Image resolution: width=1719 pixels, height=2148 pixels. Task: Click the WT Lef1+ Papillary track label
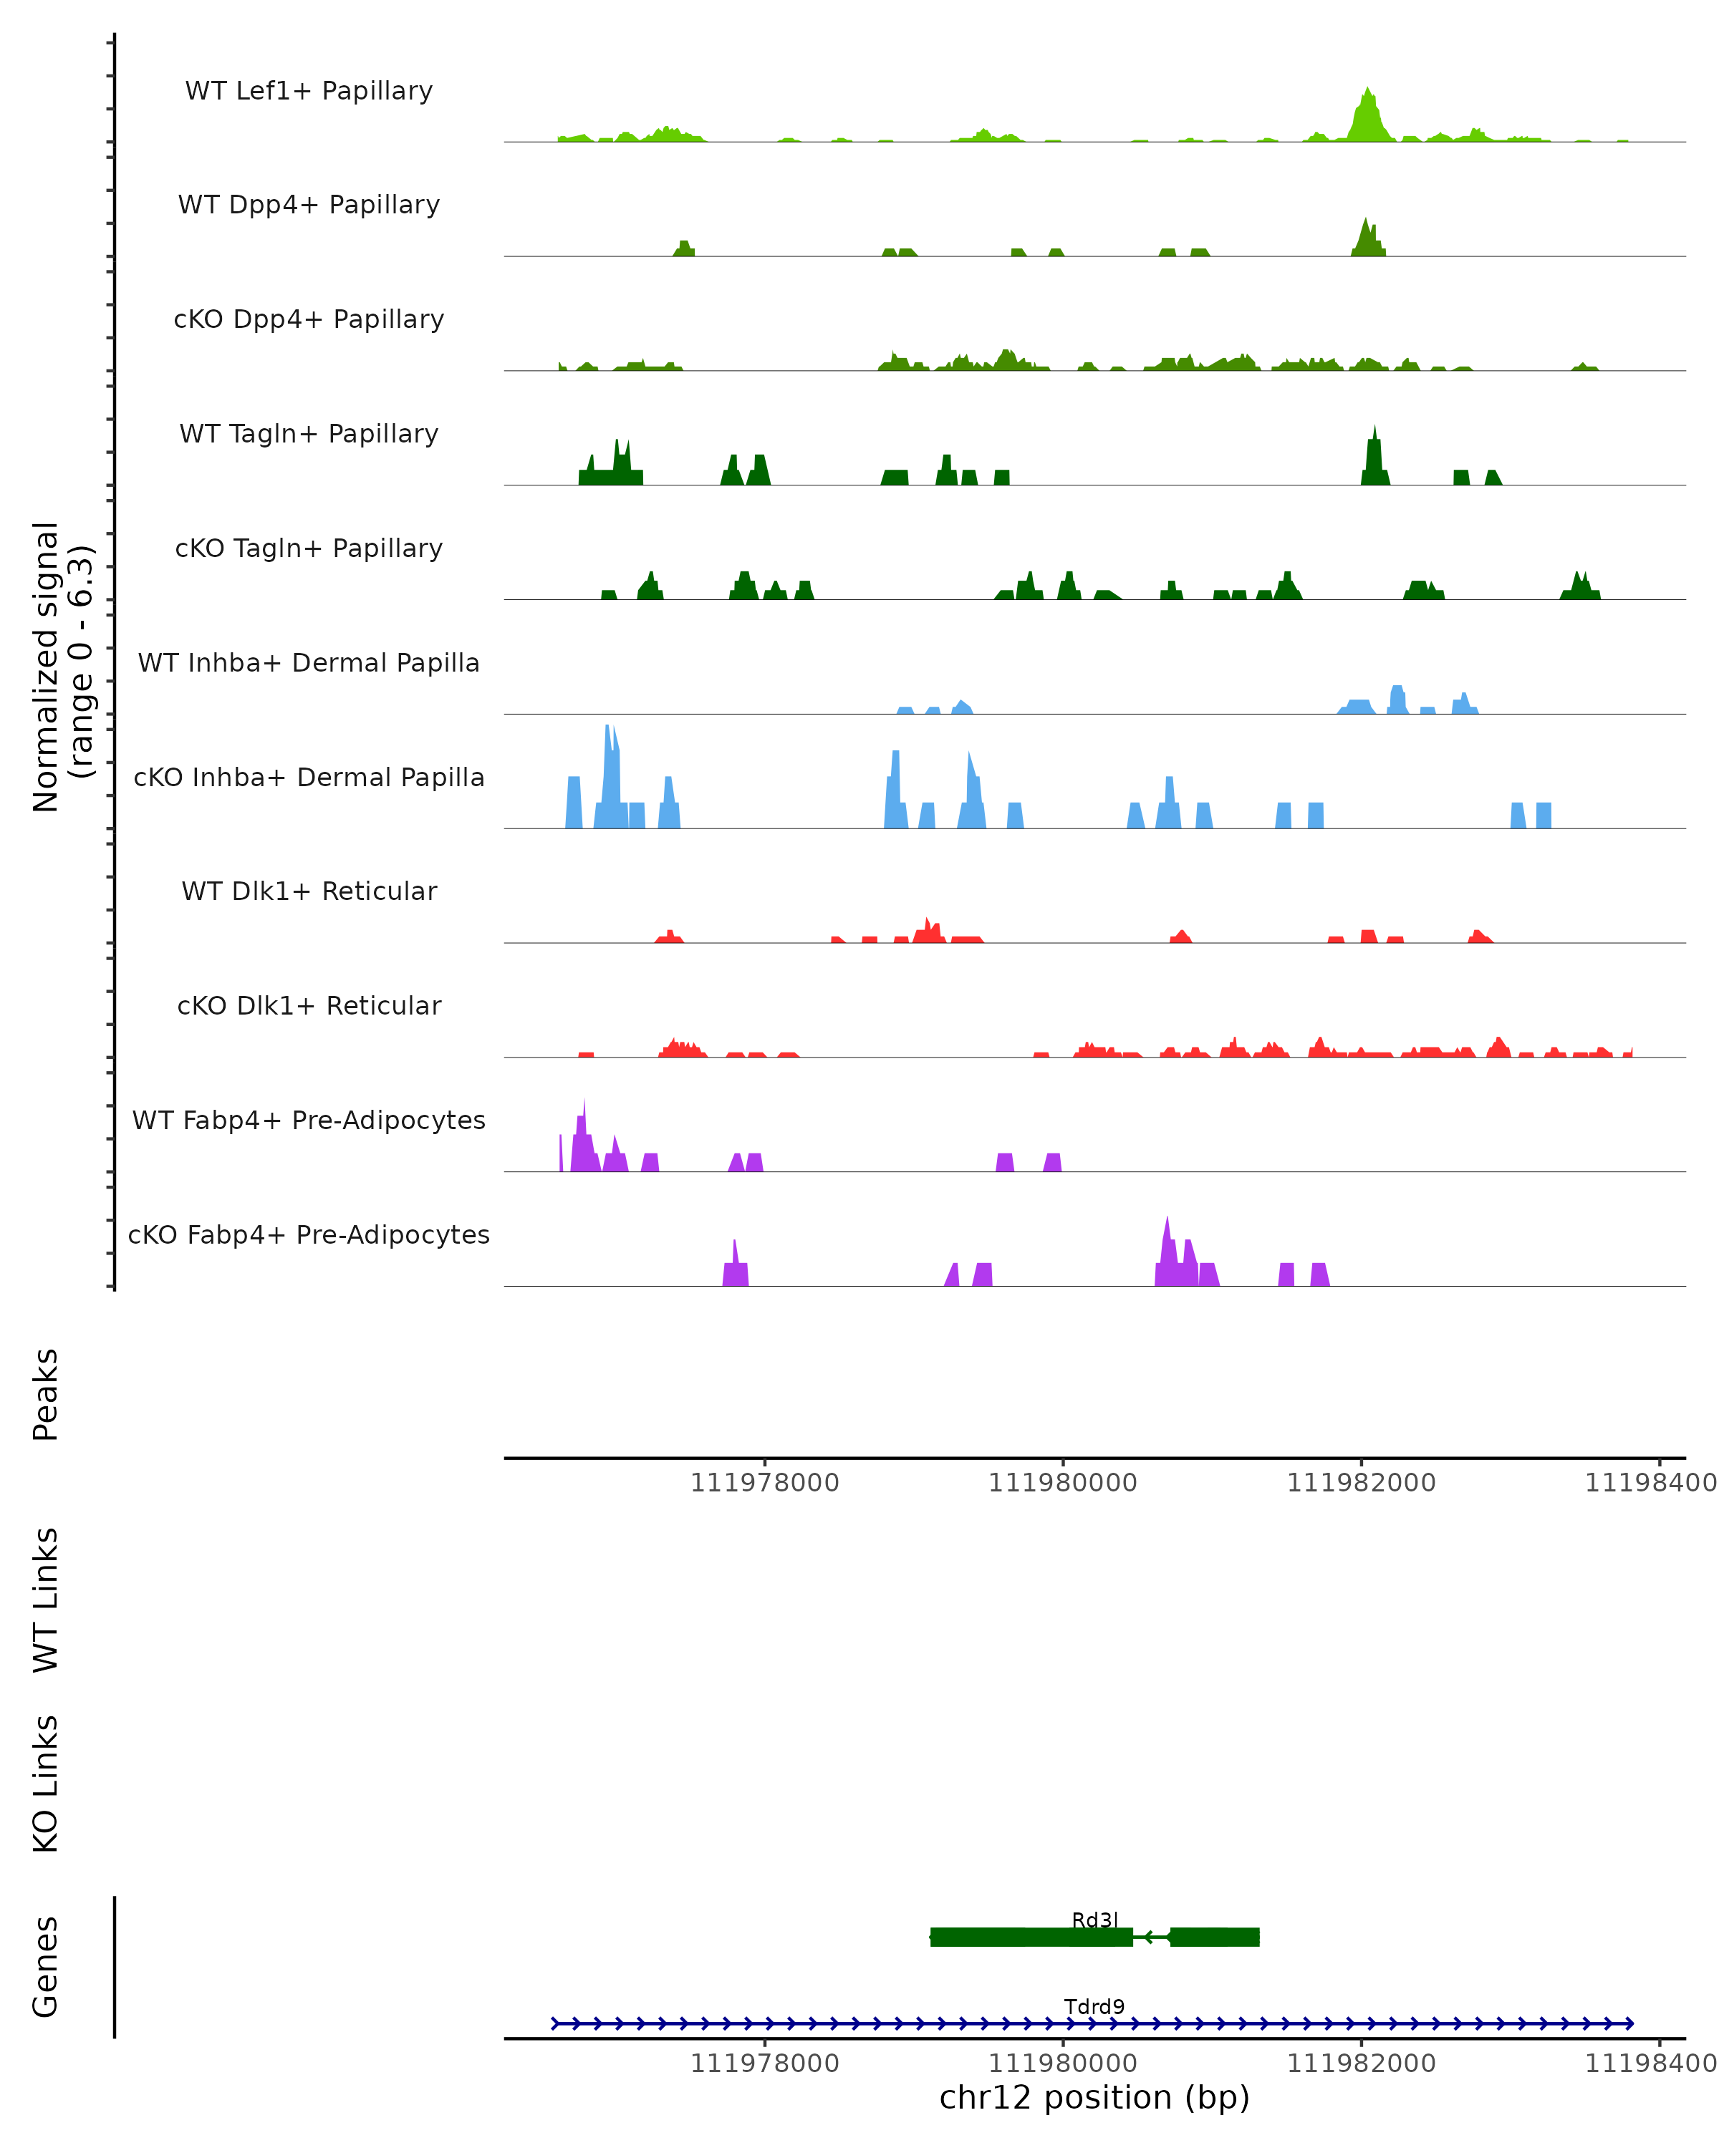[x=309, y=91]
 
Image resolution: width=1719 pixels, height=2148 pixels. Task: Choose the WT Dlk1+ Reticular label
[x=309, y=891]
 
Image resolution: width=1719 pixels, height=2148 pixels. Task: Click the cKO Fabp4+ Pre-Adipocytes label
[x=309, y=1234]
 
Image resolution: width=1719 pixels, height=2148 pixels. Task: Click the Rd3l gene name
[x=1094, y=1920]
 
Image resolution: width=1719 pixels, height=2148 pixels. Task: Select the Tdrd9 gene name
[x=1094, y=2006]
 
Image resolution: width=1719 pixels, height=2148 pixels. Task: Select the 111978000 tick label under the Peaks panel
[x=764, y=1483]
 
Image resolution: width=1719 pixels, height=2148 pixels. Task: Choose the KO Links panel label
[x=46, y=1784]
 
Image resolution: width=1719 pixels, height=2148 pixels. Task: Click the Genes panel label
[x=46, y=1967]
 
